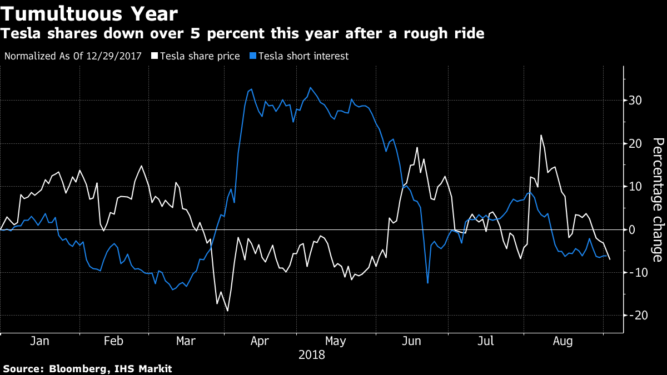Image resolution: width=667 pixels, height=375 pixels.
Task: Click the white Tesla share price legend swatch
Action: (154, 56)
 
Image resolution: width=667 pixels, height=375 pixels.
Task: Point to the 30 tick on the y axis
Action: (635, 101)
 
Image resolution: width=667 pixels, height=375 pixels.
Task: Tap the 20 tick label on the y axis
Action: (635, 143)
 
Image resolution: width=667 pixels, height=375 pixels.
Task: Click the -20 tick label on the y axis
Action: (634, 315)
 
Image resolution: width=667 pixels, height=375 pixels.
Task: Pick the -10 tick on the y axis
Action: (634, 272)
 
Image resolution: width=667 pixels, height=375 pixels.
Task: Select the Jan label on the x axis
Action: (39, 341)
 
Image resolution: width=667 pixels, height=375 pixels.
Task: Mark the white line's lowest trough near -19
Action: (227, 311)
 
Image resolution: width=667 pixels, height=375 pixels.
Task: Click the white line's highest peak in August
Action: (541, 135)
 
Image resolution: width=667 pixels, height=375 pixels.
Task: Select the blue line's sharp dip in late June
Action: (427, 283)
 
